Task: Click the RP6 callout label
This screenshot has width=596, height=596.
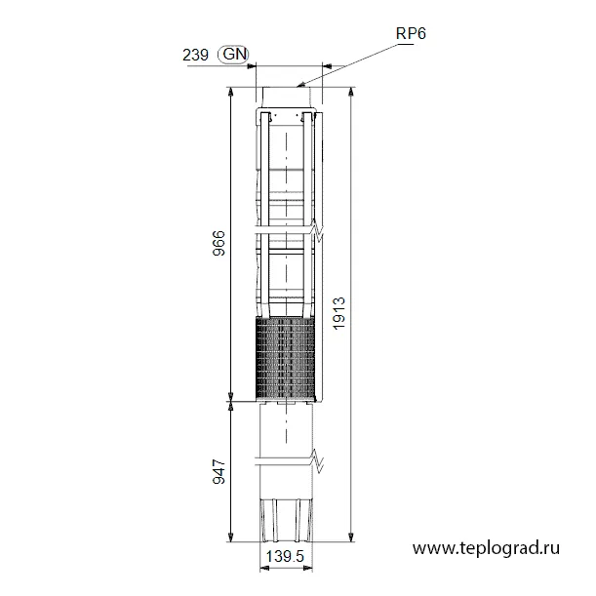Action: tap(411, 33)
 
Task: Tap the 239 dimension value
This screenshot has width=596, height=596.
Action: tap(195, 56)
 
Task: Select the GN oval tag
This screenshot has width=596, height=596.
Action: tap(234, 55)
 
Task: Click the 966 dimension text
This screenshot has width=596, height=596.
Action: tap(219, 243)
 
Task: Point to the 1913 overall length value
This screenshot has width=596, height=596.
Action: tap(338, 313)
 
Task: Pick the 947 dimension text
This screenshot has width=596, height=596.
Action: tap(219, 472)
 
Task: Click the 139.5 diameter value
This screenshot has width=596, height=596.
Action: tap(285, 556)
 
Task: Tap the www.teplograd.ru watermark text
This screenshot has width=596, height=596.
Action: tap(486, 548)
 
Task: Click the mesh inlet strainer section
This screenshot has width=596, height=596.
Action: tap(286, 360)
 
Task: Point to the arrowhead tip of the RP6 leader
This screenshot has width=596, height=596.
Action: tap(297, 86)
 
